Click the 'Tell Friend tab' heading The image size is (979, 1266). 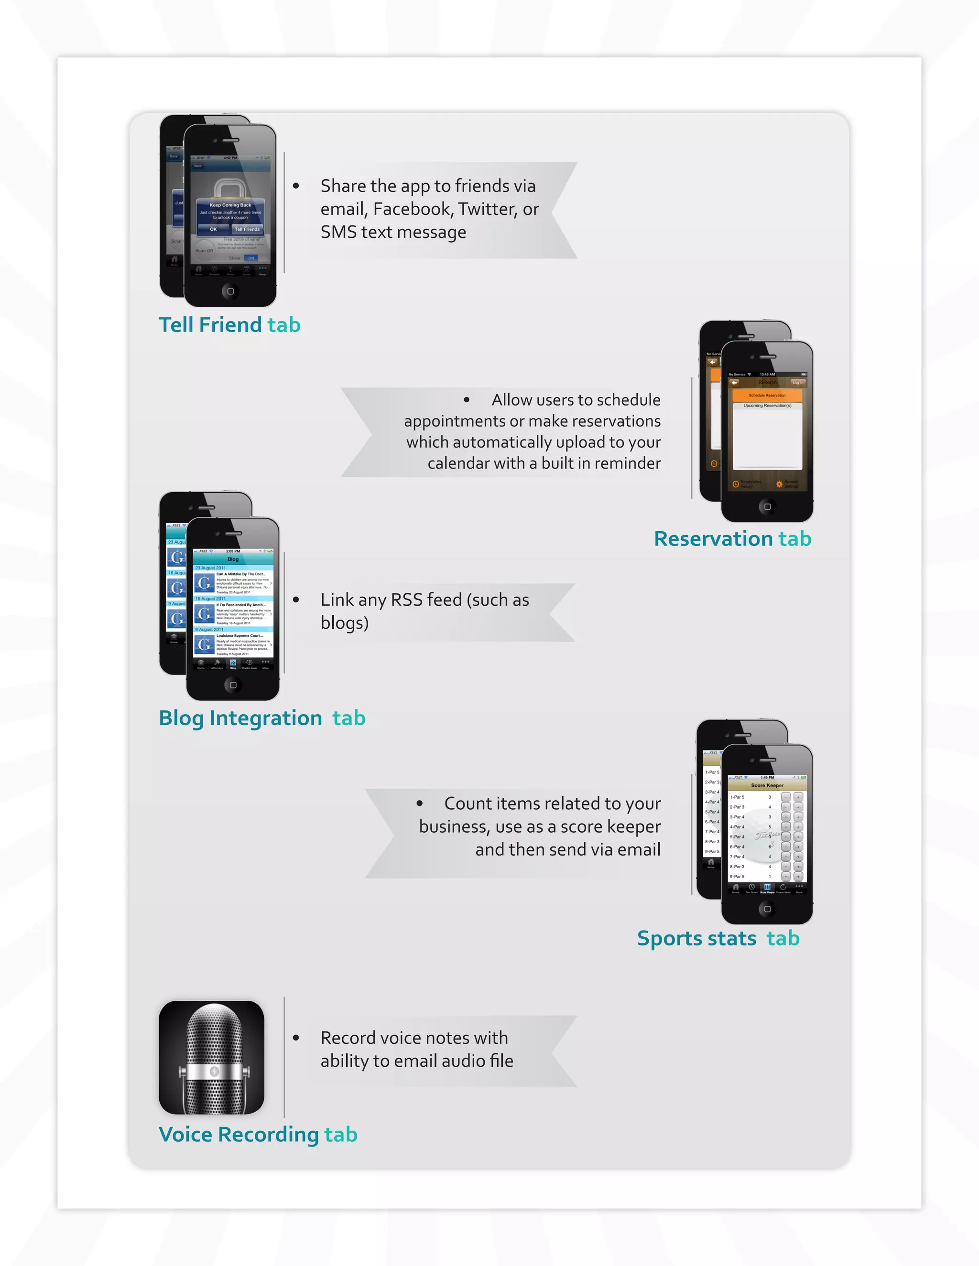[x=229, y=324]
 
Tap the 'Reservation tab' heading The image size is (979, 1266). [x=732, y=538]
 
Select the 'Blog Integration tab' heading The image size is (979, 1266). [x=261, y=718]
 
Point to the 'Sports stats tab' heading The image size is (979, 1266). [x=718, y=938]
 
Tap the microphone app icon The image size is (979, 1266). [x=211, y=1057]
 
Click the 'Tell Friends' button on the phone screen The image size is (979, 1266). [x=247, y=229]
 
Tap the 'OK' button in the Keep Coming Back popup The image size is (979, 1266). [x=213, y=229]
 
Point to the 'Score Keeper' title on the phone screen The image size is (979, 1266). [x=767, y=785]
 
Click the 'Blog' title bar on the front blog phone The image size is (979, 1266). [x=233, y=559]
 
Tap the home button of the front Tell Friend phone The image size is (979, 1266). [x=230, y=291]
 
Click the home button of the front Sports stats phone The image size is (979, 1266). [x=767, y=909]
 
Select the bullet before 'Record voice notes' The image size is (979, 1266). [x=296, y=1038]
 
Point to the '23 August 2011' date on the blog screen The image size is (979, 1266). [x=210, y=568]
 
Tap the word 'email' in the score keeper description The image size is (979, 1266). [x=639, y=849]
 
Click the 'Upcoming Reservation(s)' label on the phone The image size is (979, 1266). [x=767, y=406]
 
